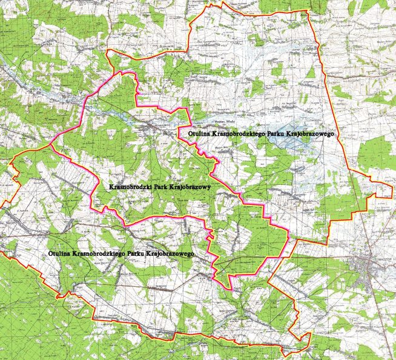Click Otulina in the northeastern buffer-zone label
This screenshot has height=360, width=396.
tap(190, 131)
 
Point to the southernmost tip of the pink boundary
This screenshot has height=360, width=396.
tap(229, 289)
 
